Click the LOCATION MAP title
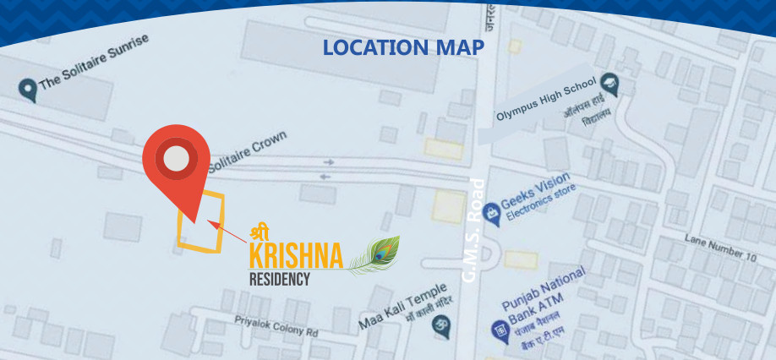pos(402,47)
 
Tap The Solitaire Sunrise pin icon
pos(28,88)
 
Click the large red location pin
pos(176,162)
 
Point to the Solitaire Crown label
pos(248,149)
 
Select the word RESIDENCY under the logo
pos(279,279)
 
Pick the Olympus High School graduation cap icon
pos(609,84)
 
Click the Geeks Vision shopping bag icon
pos(490,206)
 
